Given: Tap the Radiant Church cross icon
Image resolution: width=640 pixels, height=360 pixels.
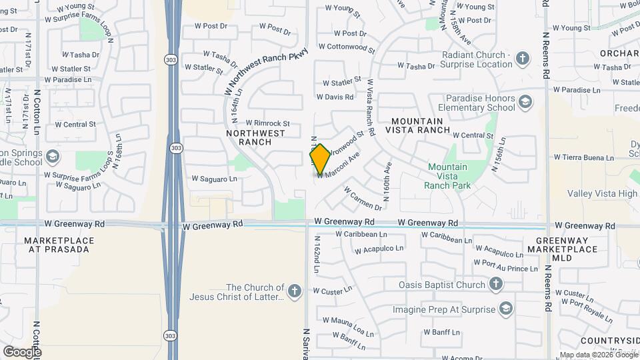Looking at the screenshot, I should (x=522, y=59).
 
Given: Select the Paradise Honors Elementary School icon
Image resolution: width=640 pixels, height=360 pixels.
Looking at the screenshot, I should (x=525, y=102).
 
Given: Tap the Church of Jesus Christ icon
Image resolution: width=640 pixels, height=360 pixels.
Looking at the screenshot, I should (x=294, y=291).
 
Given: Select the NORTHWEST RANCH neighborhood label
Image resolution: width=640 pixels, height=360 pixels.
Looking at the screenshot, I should (x=255, y=137).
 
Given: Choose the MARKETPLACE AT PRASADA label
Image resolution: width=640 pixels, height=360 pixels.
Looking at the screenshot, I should (x=57, y=244).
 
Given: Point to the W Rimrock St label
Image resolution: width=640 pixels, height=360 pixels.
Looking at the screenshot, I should (x=267, y=123).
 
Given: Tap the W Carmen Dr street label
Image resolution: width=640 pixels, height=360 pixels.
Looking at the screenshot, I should (x=363, y=199).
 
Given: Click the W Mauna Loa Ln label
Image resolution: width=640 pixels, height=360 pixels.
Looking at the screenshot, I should (x=345, y=327).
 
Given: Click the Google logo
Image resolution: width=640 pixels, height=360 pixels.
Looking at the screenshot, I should (x=22, y=352).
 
